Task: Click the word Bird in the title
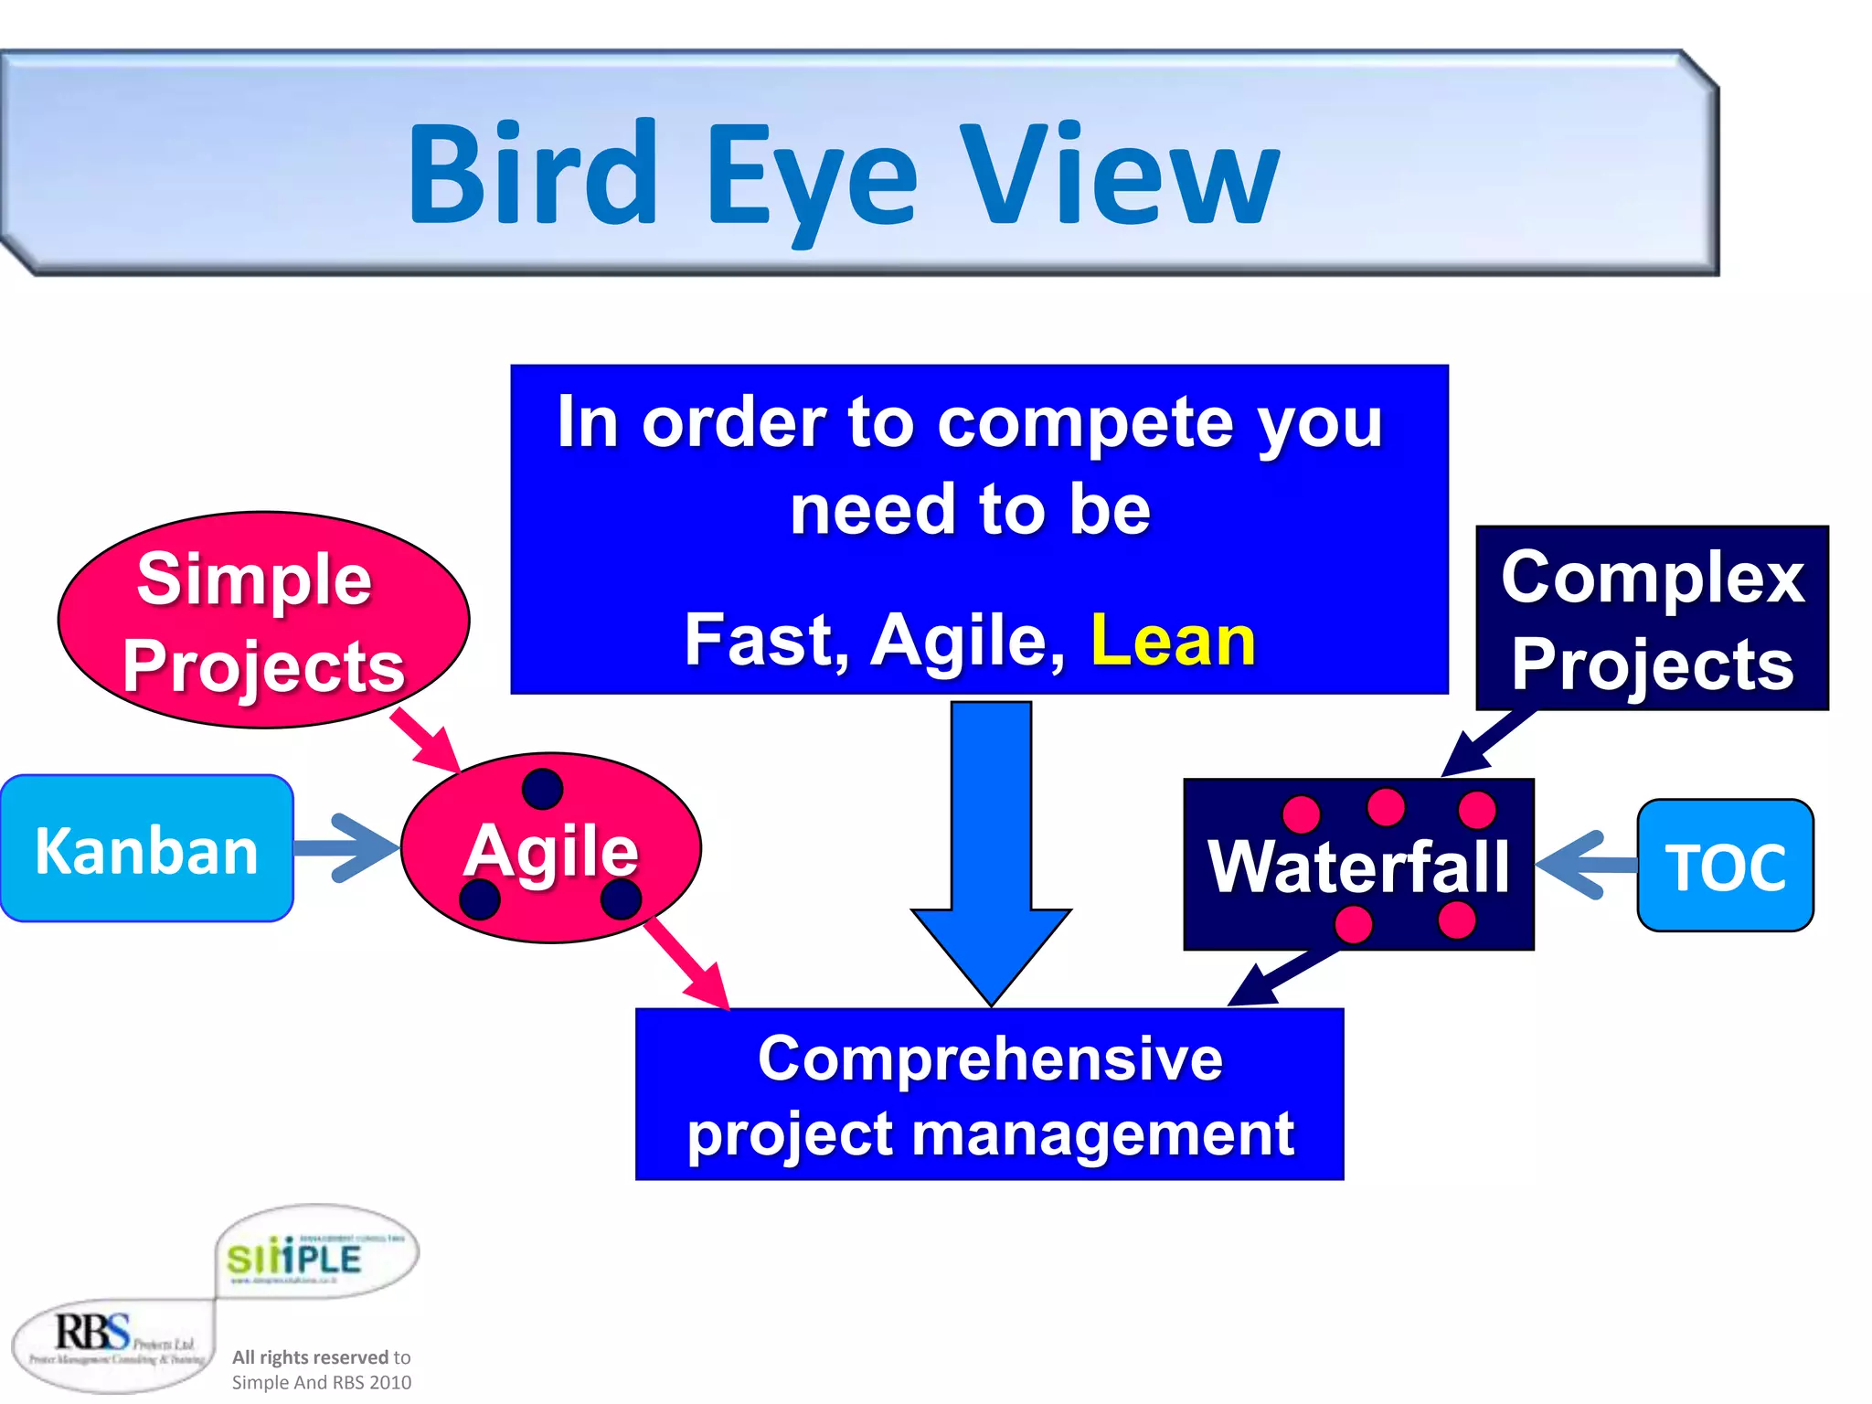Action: [533, 174]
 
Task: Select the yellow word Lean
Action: [1173, 641]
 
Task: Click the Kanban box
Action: [146, 850]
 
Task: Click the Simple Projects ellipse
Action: [262, 621]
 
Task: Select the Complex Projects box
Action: [1652, 619]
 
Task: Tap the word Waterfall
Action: [1358, 867]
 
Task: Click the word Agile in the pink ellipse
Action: [550, 851]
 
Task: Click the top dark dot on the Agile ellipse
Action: [542, 789]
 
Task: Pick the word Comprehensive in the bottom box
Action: [990, 1059]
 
